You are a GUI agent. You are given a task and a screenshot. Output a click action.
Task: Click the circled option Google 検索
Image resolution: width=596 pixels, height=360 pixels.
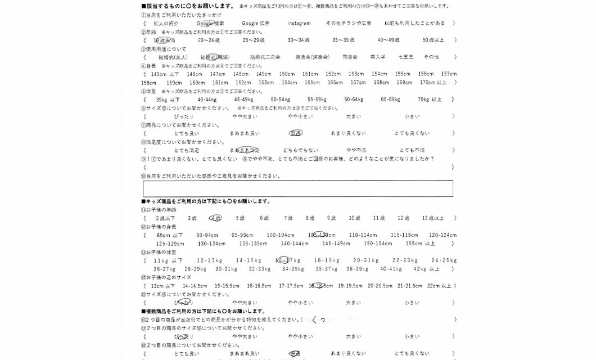(210, 24)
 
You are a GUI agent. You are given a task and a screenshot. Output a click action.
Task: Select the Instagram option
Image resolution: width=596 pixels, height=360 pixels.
(299, 24)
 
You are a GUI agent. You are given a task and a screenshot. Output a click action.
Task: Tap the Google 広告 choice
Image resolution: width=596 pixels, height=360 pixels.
(255, 24)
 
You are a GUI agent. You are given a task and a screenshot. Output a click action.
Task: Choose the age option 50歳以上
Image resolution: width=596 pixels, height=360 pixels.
(433, 40)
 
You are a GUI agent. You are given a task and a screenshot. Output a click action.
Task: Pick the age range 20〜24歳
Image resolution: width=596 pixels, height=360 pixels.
(209, 40)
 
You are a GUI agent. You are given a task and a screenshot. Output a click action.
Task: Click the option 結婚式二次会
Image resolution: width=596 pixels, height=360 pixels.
(265, 57)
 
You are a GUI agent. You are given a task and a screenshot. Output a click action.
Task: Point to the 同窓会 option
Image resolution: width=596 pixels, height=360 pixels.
(350, 57)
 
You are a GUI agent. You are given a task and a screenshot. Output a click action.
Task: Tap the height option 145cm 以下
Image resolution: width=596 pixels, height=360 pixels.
(165, 74)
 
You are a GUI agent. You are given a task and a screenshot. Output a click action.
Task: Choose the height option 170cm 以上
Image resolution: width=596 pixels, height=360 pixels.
(433, 83)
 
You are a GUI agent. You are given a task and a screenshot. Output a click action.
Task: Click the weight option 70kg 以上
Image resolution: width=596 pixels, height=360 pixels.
(430, 100)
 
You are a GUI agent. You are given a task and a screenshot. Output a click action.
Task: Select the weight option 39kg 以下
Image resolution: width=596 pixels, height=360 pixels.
(168, 100)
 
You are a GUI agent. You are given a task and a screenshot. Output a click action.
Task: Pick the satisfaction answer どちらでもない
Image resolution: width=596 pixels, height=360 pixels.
(300, 151)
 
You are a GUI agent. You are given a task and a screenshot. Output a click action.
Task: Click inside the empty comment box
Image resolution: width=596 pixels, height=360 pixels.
(298, 188)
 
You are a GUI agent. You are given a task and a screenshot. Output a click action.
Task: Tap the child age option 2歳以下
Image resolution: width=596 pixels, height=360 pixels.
(165, 218)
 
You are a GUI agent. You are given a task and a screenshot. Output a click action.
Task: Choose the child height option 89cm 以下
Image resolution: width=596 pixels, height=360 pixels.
(169, 235)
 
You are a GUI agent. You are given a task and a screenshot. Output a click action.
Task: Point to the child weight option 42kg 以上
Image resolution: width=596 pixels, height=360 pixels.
(426, 269)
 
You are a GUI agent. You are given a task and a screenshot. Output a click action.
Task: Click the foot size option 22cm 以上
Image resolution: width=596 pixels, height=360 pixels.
(439, 286)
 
